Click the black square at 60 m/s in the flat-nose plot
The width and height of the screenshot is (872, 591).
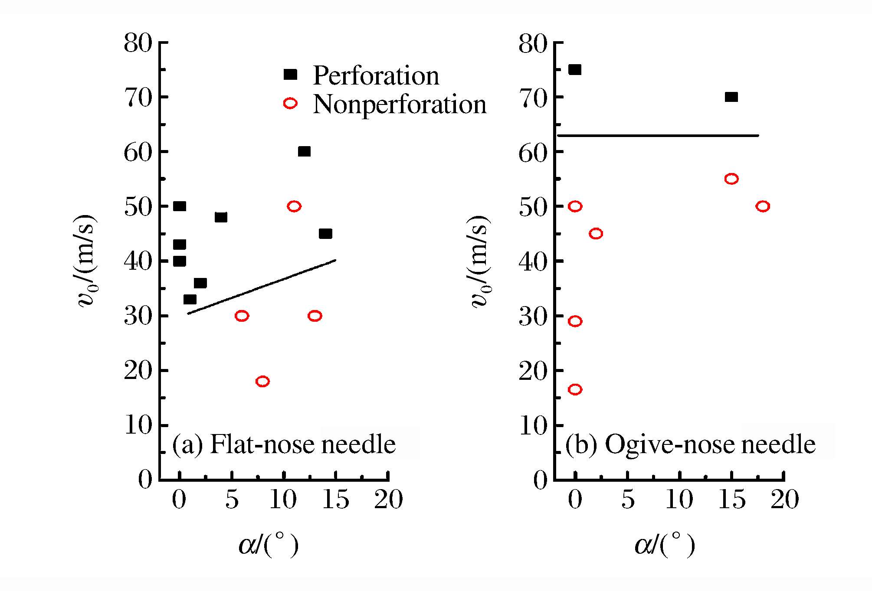304,151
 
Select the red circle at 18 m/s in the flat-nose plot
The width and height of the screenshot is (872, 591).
262,381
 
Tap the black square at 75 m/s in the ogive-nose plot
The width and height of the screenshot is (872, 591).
575,69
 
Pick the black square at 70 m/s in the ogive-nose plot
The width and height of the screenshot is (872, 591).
731,97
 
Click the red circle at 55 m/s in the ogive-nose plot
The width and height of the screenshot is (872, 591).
731,179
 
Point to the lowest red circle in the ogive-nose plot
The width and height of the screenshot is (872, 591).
575,389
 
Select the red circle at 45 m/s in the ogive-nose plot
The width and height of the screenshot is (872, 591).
596,233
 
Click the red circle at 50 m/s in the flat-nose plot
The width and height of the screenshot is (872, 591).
294,206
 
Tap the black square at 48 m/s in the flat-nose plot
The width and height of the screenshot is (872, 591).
221,217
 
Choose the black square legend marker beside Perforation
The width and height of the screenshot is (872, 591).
290,75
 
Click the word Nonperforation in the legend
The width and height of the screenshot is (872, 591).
399,104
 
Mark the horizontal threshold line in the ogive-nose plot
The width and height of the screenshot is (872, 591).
658,136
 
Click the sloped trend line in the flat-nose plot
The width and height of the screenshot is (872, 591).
262,287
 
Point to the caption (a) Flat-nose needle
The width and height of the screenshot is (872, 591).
284,444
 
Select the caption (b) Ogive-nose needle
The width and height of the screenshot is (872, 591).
690,444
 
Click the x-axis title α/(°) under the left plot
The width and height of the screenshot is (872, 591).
269,545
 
